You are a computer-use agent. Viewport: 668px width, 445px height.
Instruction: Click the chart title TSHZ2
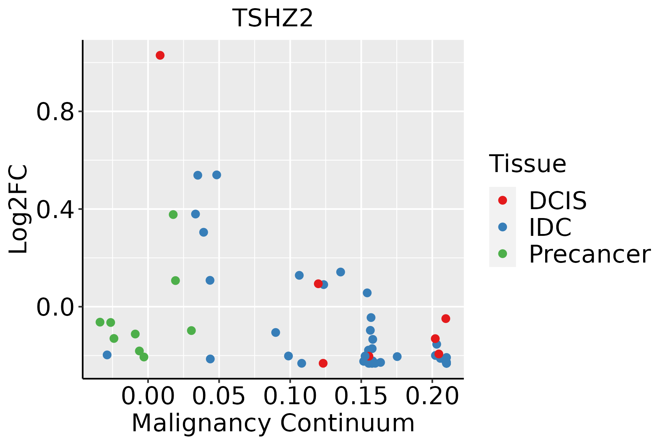273,19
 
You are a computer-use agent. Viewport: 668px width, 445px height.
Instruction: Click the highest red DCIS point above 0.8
160,55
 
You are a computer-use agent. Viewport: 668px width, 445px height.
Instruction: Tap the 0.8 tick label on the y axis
56,112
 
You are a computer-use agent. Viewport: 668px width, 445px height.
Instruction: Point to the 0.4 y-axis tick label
56,210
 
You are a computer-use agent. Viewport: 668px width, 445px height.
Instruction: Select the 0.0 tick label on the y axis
56,307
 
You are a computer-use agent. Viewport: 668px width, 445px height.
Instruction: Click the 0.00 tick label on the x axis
148,396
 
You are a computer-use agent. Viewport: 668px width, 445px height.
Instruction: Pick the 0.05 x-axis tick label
219,396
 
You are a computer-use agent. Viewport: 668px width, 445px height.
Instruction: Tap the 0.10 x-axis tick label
290,396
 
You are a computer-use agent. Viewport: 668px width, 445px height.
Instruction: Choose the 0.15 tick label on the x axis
361,396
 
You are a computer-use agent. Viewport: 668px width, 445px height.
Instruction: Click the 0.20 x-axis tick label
432,396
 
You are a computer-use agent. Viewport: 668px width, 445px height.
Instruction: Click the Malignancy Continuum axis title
273,423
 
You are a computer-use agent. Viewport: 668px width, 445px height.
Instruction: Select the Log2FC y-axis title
19,210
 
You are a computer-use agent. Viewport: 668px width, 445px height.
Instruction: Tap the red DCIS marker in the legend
502,200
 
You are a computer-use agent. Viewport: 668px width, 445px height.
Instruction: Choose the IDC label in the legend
550,227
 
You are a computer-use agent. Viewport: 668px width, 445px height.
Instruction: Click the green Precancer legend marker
502,254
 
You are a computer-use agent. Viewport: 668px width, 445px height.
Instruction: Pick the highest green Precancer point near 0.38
173,214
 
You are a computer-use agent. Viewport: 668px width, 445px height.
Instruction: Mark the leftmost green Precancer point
100,322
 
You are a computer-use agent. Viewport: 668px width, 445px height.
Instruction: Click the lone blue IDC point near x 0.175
397,356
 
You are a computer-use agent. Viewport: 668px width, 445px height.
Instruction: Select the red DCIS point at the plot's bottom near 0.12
323,363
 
